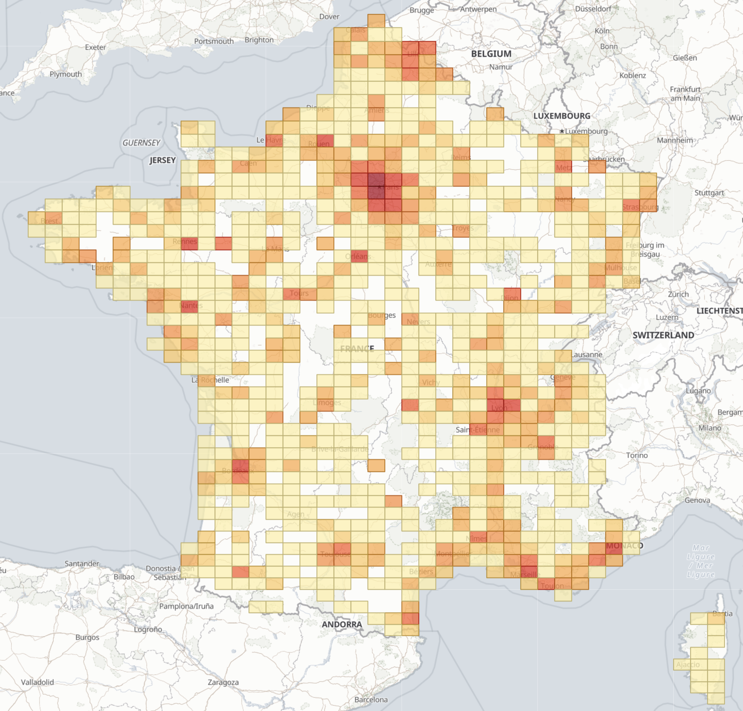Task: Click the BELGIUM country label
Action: tap(491, 54)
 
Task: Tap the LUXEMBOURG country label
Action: tap(561, 116)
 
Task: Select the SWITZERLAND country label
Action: tap(663, 335)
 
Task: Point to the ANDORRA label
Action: tap(341, 624)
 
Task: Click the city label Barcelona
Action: tap(371, 699)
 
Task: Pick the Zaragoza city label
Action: tap(223, 682)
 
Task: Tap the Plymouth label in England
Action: tap(65, 74)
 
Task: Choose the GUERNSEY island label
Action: tap(141, 143)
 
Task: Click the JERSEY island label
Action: tap(162, 160)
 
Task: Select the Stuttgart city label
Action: tap(709, 192)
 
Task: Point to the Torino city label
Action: tap(637, 455)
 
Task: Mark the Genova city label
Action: tap(697, 500)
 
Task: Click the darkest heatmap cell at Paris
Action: tap(376, 180)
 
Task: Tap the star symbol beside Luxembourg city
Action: tap(562, 131)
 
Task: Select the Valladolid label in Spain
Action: tap(37, 682)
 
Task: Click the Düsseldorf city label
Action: tap(593, 8)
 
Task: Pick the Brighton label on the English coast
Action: tap(259, 40)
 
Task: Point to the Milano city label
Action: tap(710, 428)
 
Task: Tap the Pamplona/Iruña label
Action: tap(186, 606)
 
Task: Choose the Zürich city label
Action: tap(678, 294)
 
